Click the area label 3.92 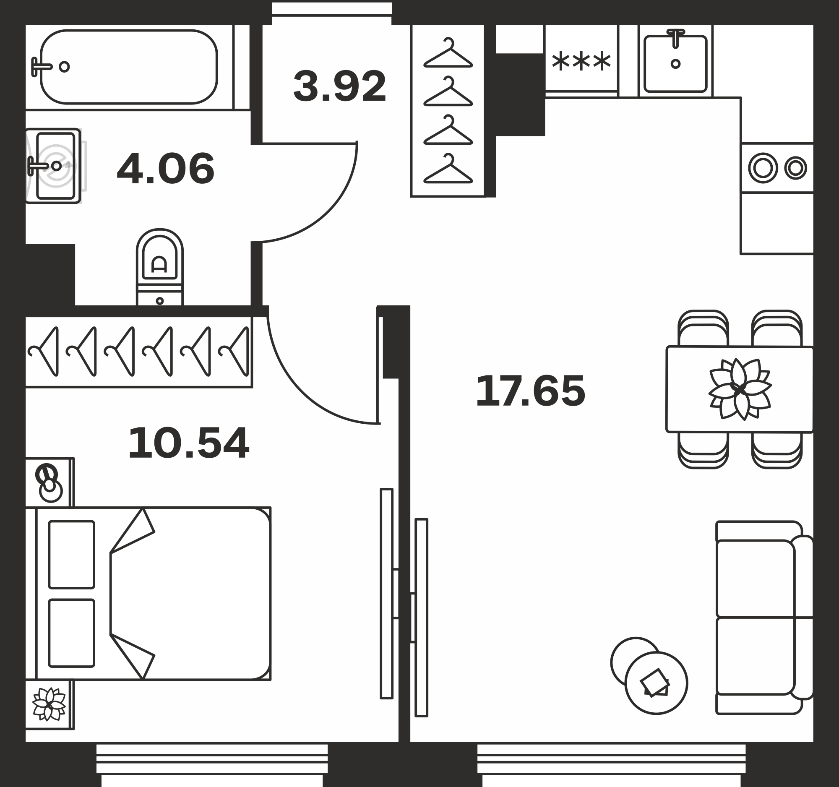click(x=340, y=86)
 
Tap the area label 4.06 click(x=165, y=169)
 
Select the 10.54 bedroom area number click(x=188, y=443)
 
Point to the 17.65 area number click(x=531, y=391)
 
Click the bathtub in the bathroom click(x=129, y=67)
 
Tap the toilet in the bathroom click(x=159, y=267)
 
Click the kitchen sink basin click(x=675, y=64)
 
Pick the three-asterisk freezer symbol click(x=581, y=62)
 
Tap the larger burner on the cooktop click(x=763, y=168)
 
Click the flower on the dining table click(x=740, y=389)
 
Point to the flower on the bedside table click(x=49, y=704)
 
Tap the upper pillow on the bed click(x=71, y=555)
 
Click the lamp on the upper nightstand click(x=49, y=483)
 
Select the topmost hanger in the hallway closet click(x=448, y=53)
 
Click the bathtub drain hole click(x=64, y=67)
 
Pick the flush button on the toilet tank click(x=159, y=301)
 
